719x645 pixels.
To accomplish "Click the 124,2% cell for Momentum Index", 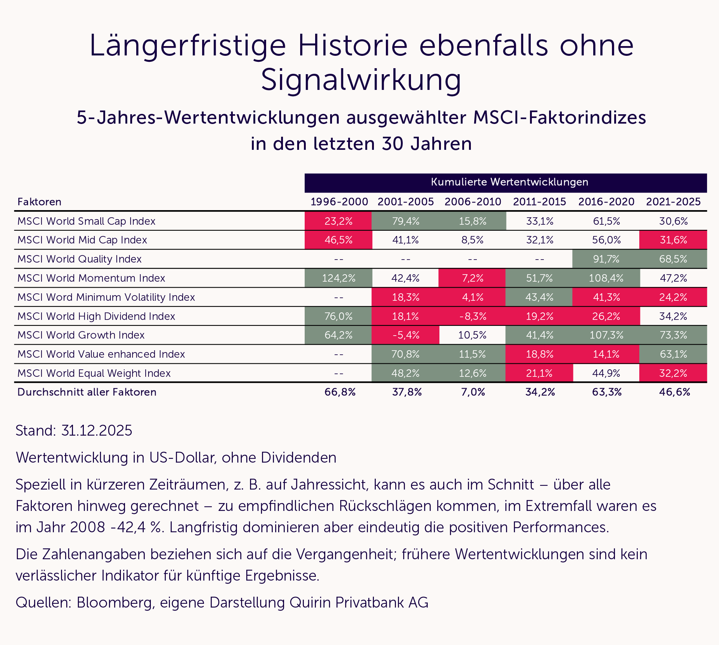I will pyautogui.click(x=338, y=278).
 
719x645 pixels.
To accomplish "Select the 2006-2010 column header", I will pyautogui.click(x=472, y=202).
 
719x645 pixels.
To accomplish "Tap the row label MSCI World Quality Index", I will pyautogui.click(x=79, y=259).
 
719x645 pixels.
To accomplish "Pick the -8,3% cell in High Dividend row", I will pyautogui.click(x=472, y=317).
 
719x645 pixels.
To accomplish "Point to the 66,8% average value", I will pyautogui.click(x=340, y=392).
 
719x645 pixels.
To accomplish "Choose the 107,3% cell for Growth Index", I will pyautogui.click(x=606, y=335).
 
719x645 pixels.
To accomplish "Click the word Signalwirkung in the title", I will pyautogui.click(x=361, y=80).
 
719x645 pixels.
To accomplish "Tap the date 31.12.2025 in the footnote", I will pyautogui.click(x=97, y=431).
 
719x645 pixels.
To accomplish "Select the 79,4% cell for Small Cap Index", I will pyautogui.click(x=405, y=221).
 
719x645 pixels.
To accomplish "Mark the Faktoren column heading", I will pyautogui.click(x=39, y=202).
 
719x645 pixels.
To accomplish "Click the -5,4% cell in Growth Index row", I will pyautogui.click(x=405, y=335).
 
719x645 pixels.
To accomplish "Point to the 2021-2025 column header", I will pyautogui.click(x=673, y=202).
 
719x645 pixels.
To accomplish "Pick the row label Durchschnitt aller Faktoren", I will pyautogui.click(x=87, y=392).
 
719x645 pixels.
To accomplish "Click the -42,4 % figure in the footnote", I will pyautogui.click(x=137, y=527).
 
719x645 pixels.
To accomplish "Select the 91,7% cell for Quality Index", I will pyautogui.click(x=606, y=259).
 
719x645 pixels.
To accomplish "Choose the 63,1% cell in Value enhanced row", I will pyautogui.click(x=673, y=354).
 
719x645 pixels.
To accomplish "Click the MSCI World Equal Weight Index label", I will pyautogui.click(x=94, y=373).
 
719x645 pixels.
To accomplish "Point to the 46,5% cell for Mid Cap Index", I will pyautogui.click(x=338, y=240).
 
